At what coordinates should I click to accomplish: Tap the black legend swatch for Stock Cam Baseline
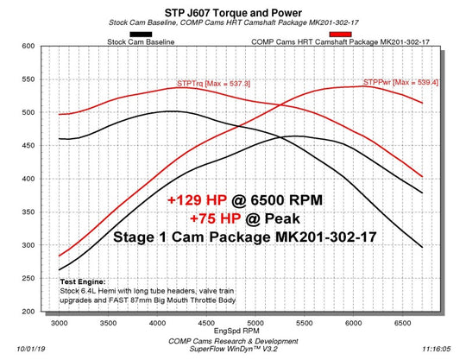138,33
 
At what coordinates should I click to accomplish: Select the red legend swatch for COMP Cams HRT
340,33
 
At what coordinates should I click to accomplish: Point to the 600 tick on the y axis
29,46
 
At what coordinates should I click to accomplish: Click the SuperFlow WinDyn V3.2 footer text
233,350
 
